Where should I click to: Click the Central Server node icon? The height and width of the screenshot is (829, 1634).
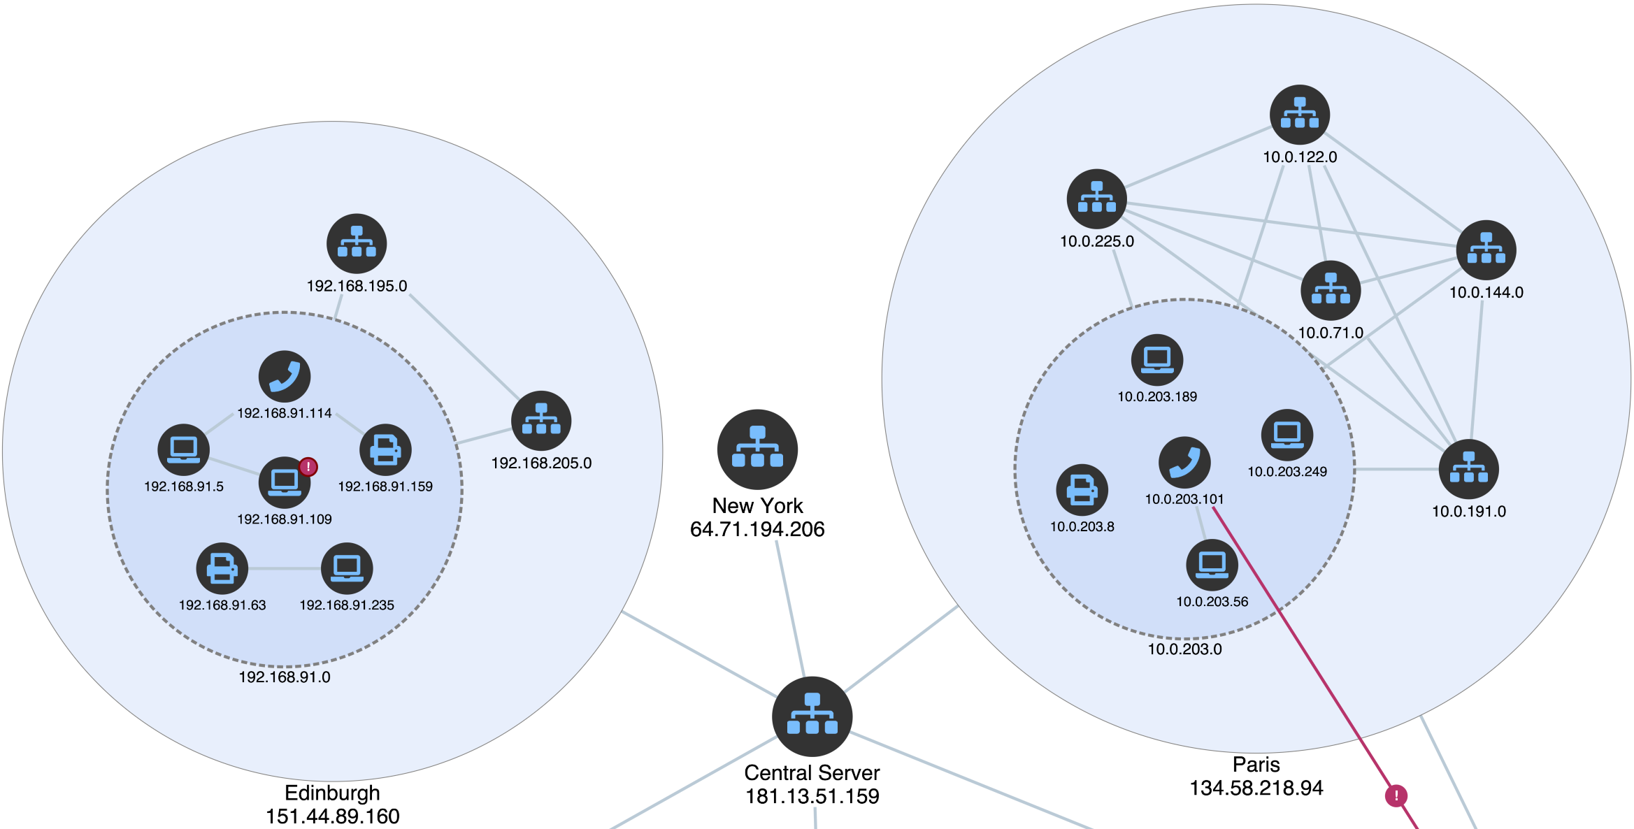point(812,716)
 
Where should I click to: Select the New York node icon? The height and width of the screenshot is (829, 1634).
point(757,449)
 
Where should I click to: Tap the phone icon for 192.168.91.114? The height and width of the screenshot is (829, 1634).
point(285,376)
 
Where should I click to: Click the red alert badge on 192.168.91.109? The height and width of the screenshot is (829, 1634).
point(308,466)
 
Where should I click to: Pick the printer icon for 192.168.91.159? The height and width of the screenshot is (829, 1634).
point(385,449)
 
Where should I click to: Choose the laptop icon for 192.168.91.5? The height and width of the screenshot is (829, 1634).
point(183,449)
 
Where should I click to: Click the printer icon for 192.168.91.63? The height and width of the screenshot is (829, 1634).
point(222,568)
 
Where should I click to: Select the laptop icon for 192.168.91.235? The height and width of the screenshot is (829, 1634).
point(347,568)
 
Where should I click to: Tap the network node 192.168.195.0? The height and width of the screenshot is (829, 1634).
point(357,243)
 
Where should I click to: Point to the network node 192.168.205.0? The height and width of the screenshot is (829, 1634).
point(541,421)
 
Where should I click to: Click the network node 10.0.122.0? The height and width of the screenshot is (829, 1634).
point(1299,115)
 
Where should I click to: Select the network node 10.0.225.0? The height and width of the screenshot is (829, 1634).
point(1096,199)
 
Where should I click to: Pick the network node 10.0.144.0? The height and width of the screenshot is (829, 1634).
point(1486,250)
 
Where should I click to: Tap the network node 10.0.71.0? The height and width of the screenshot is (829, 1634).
point(1331,291)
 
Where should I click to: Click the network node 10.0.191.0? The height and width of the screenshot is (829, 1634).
point(1468,469)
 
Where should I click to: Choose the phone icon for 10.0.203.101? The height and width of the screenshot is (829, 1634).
point(1184,463)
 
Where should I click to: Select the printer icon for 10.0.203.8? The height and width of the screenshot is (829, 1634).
point(1082,490)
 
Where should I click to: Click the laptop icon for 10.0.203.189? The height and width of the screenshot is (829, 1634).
point(1157,360)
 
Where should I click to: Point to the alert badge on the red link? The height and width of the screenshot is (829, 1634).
point(1396,795)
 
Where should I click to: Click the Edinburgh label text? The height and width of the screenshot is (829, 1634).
point(332,793)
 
